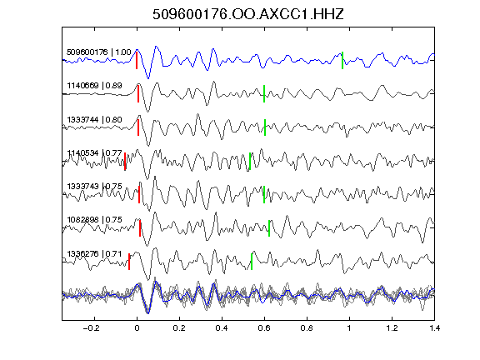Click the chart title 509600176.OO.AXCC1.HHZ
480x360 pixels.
[x=248, y=14]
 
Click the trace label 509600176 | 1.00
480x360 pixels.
[x=99, y=52]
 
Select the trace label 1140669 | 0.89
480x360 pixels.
[x=95, y=85]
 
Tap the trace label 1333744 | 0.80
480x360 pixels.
[x=95, y=119]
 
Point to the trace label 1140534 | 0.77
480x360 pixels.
[x=95, y=152]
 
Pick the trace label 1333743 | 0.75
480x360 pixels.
[x=95, y=187]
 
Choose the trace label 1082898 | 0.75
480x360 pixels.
[x=95, y=220]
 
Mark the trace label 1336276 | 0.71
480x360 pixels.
[x=95, y=254]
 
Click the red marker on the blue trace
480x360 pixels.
[x=137, y=60]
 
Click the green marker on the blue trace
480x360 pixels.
[x=342, y=60]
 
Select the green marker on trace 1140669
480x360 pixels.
[x=264, y=93]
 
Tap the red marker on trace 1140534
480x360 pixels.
[x=125, y=162]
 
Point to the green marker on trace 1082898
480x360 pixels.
[x=269, y=228]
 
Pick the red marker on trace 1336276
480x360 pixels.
[x=129, y=262]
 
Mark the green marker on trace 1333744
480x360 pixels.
[x=265, y=127]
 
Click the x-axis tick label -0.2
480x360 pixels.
[x=92, y=328]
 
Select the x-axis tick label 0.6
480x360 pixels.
[x=264, y=328]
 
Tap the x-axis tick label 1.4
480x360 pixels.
[x=434, y=328]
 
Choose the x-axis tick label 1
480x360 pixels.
[x=349, y=328]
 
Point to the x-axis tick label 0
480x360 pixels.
[x=137, y=328]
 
